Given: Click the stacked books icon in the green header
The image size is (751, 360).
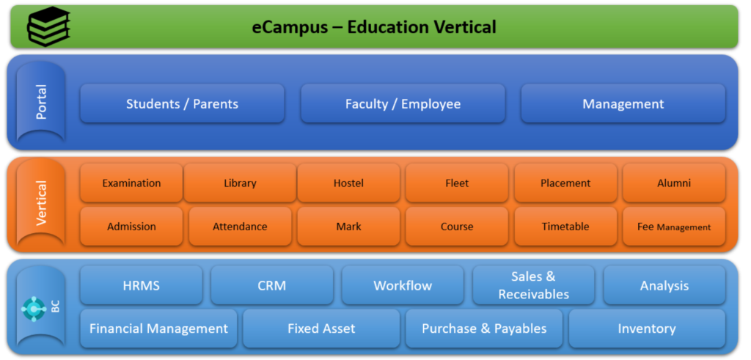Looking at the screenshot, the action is pyautogui.click(x=48, y=27).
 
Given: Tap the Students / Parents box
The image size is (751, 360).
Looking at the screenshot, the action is pyautogui.click(x=182, y=103).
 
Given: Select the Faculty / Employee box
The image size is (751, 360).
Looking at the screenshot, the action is pyautogui.click(x=403, y=103).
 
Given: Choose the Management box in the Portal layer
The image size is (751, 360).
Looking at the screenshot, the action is pyautogui.click(x=623, y=103).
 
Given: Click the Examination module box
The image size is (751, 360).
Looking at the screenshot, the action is pyautogui.click(x=131, y=183).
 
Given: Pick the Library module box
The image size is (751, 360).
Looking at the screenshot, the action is pyautogui.click(x=240, y=183).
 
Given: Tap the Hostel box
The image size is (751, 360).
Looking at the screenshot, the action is pyautogui.click(x=348, y=183).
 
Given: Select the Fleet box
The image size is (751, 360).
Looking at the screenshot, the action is pyautogui.click(x=457, y=183).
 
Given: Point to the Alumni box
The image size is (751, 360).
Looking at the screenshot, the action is pyautogui.click(x=674, y=183).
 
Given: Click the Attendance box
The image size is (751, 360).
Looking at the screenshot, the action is pyautogui.click(x=240, y=227).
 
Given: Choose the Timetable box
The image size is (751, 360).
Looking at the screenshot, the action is pyautogui.click(x=565, y=227).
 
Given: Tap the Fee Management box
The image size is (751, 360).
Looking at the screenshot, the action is pyautogui.click(x=674, y=227).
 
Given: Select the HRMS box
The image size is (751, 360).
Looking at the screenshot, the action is pyautogui.click(x=141, y=285).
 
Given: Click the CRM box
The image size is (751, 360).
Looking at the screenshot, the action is pyautogui.click(x=272, y=285).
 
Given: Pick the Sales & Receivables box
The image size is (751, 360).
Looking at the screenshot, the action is pyautogui.click(x=534, y=285).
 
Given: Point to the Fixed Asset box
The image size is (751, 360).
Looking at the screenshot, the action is pyautogui.click(x=321, y=328).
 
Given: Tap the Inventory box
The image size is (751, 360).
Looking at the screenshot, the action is pyautogui.click(x=647, y=328).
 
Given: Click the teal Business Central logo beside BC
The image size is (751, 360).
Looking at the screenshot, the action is pyautogui.click(x=34, y=309).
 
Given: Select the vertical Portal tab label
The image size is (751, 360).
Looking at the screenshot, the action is pyautogui.click(x=41, y=102).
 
